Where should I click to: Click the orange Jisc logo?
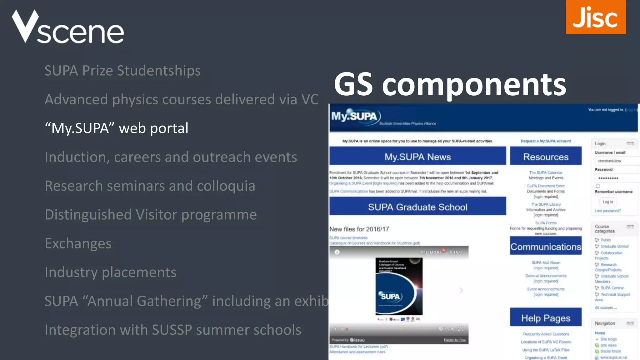pyautogui.click(x=595, y=17)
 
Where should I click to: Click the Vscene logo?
pyautogui.click(x=68, y=27)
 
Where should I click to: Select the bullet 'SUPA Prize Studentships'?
pyautogui.click(x=122, y=71)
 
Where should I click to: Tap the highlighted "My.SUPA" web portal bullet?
pyautogui.click(x=117, y=128)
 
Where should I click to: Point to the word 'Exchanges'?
pyautogui.click(x=78, y=243)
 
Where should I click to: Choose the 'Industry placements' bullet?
pyautogui.click(x=110, y=272)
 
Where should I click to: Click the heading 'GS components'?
pyautogui.click(x=450, y=84)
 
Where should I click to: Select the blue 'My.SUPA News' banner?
pyautogui.click(x=417, y=157)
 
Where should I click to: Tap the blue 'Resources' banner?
pyautogui.click(x=546, y=157)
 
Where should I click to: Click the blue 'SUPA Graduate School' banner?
pyautogui.click(x=417, y=207)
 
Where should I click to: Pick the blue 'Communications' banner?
pyautogui.click(x=546, y=247)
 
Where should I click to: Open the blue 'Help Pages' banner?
pyautogui.click(x=546, y=318)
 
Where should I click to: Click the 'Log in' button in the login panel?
pyautogui.click(x=607, y=202)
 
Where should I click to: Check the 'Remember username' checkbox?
pyautogui.click(x=597, y=186)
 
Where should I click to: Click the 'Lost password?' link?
pyautogui.click(x=607, y=211)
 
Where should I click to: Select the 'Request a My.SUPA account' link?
pyautogui.click(x=546, y=141)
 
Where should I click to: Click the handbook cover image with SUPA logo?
pyautogui.click(x=399, y=286)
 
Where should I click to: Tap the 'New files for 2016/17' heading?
pyautogui.click(x=359, y=229)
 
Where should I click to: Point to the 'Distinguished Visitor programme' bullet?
pyautogui.click(x=151, y=215)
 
